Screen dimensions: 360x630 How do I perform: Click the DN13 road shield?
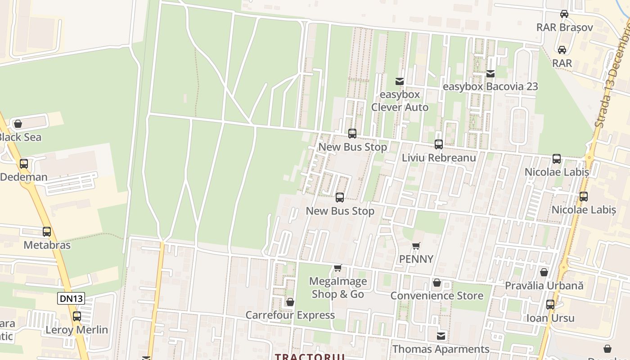(71, 298)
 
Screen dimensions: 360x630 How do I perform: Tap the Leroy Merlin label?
(77, 330)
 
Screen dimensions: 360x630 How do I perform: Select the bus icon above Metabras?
(47, 232)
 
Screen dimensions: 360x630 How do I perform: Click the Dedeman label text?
(24, 177)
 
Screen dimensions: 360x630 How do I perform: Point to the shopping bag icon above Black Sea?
(18, 124)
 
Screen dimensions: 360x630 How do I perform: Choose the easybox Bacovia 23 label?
(490, 86)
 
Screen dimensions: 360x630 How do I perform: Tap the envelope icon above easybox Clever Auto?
(399, 81)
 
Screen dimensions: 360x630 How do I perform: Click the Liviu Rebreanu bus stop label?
(439, 158)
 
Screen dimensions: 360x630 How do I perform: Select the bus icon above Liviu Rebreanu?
(439, 144)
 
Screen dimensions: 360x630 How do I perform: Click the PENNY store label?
(416, 259)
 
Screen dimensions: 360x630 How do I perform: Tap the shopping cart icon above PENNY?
(416, 246)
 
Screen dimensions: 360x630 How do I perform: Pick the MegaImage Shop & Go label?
(338, 288)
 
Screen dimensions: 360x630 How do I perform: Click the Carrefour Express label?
(290, 315)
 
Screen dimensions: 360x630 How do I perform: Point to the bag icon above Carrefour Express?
(290, 301)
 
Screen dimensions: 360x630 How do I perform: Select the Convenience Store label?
(436, 296)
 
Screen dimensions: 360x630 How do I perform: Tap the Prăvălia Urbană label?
(544, 285)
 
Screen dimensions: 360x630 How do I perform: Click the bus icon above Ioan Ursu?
(550, 305)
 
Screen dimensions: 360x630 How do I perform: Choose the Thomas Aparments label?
(441, 349)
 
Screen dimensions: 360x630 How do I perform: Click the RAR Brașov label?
(564, 27)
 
